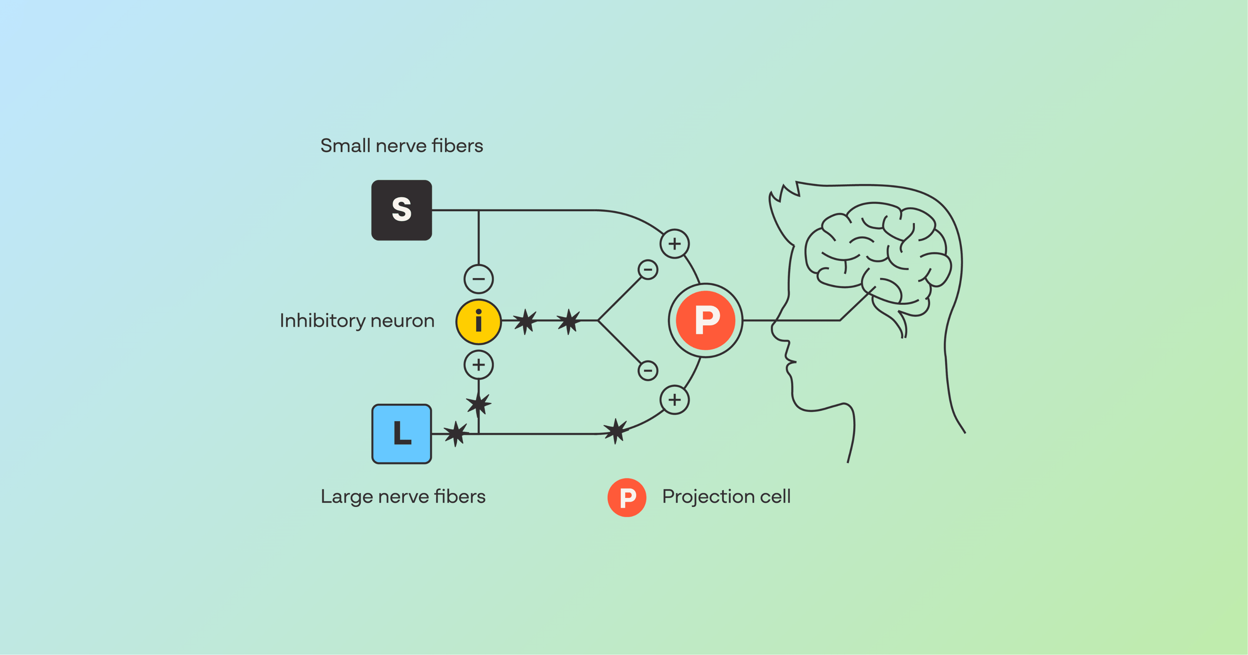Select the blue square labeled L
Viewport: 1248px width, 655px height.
point(401,434)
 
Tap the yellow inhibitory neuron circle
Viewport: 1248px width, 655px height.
point(478,321)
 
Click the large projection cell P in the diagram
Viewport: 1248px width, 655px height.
point(706,320)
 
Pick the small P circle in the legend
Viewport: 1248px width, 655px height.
point(626,497)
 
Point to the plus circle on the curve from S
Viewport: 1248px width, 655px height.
point(674,243)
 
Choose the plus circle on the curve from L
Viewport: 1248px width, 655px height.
point(674,400)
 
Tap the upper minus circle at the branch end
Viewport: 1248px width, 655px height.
point(648,269)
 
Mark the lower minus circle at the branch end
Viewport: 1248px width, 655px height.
point(648,371)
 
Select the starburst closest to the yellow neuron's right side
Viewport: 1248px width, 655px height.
point(525,321)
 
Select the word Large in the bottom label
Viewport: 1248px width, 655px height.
point(347,497)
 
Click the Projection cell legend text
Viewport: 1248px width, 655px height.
point(726,497)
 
